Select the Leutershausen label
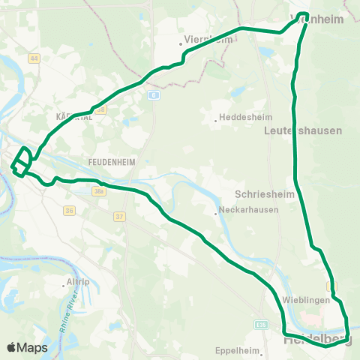click(x=303, y=130)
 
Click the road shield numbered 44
click(x=34, y=58)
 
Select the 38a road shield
click(x=100, y=192)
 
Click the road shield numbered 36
click(x=70, y=211)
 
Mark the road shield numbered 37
click(x=118, y=217)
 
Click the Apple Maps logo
click(x=27, y=347)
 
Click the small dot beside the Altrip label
click(x=64, y=285)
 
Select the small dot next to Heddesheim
click(x=215, y=118)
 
